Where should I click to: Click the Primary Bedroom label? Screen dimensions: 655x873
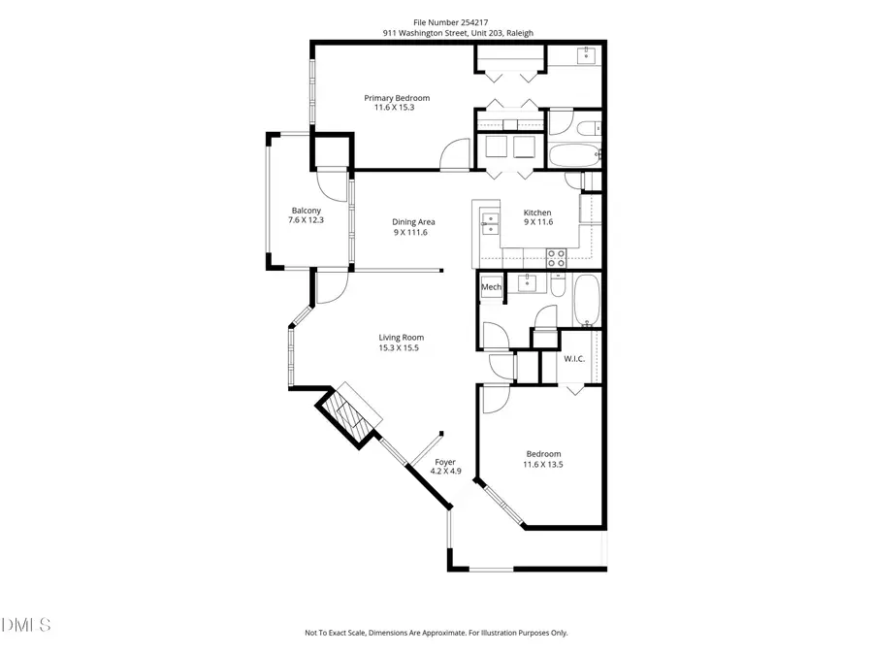[x=397, y=98]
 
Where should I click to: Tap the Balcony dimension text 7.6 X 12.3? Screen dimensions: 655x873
[x=306, y=221]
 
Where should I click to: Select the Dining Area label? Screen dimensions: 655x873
[x=412, y=222]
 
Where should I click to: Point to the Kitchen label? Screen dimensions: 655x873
[x=537, y=213]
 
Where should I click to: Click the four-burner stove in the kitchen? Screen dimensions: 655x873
[x=557, y=258]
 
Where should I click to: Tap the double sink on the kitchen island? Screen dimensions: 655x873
[x=489, y=224]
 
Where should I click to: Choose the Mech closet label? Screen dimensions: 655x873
[x=491, y=287]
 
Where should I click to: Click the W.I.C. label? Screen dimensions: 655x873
[x=573, y=359]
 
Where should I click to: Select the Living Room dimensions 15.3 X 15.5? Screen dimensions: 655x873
[x=401, y=347]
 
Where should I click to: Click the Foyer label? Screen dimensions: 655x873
[x=445, y=462]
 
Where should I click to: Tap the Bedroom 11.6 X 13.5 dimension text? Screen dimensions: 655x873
[x=543, y=465]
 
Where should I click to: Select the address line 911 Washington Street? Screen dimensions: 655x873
[x=458, y=32]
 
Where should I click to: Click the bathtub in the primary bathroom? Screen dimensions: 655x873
[x=575, y=155]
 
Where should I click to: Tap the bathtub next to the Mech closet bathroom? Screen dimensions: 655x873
[x=586, y=302]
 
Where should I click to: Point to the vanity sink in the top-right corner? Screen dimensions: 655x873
[x=588, y=55]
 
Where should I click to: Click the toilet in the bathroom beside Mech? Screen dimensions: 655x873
[x=558, y=285]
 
